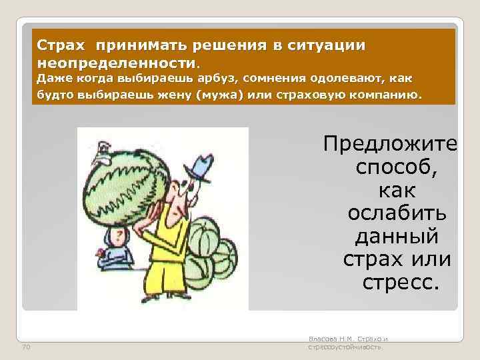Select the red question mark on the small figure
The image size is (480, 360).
pyautogui.click(x=119, y=237)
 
